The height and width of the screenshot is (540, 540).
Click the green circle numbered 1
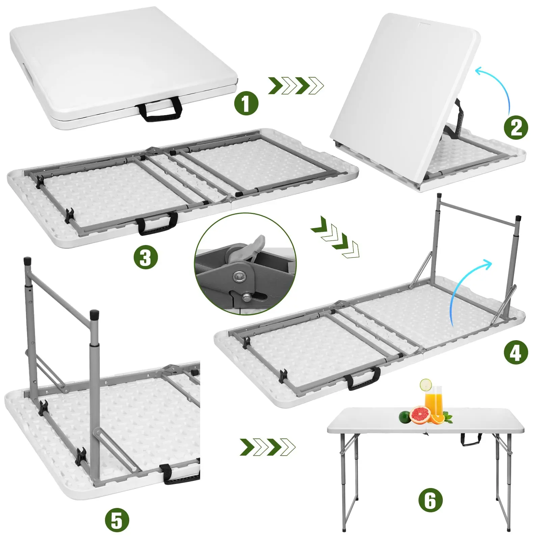(x=246, y=103)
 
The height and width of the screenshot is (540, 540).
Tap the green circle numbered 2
(x=516, y=127)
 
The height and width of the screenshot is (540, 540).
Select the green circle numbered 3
(x=145, y=257)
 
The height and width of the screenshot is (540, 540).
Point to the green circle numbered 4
(x=515, y=353)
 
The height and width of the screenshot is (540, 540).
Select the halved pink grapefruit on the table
(x=420, y=415)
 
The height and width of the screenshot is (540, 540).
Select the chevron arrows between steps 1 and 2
(x=296, y=86)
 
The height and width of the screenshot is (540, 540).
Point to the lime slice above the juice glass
(x=426, y=384)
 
